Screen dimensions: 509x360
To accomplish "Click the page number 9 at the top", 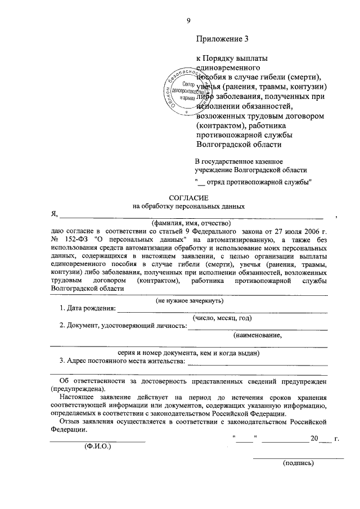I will (188, 21).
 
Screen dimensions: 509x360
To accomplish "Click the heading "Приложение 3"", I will (222, 39).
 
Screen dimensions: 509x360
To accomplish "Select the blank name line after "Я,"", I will (191, 216).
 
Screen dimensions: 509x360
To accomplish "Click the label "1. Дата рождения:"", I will (87, 309).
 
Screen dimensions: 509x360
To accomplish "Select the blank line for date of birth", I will (222, 310).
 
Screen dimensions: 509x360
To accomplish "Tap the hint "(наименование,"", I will (257, 335).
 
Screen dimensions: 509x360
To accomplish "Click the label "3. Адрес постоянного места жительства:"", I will (122, 361).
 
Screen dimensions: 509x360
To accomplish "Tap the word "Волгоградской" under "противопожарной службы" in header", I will (220, 144).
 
